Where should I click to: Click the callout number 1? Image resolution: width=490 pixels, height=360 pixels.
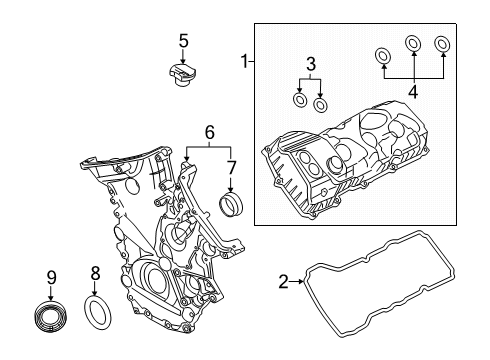point(243,62)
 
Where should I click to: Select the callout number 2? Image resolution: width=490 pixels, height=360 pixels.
point(284,282)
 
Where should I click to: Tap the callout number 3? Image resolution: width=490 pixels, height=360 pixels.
point(311,64)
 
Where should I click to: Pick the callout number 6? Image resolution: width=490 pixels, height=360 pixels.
point(208,131)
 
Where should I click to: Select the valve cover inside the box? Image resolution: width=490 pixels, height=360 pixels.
point(350,160)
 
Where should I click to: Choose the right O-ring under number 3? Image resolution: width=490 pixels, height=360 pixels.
point(320,105)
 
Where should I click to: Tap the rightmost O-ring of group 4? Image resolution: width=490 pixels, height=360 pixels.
point(443,43)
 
